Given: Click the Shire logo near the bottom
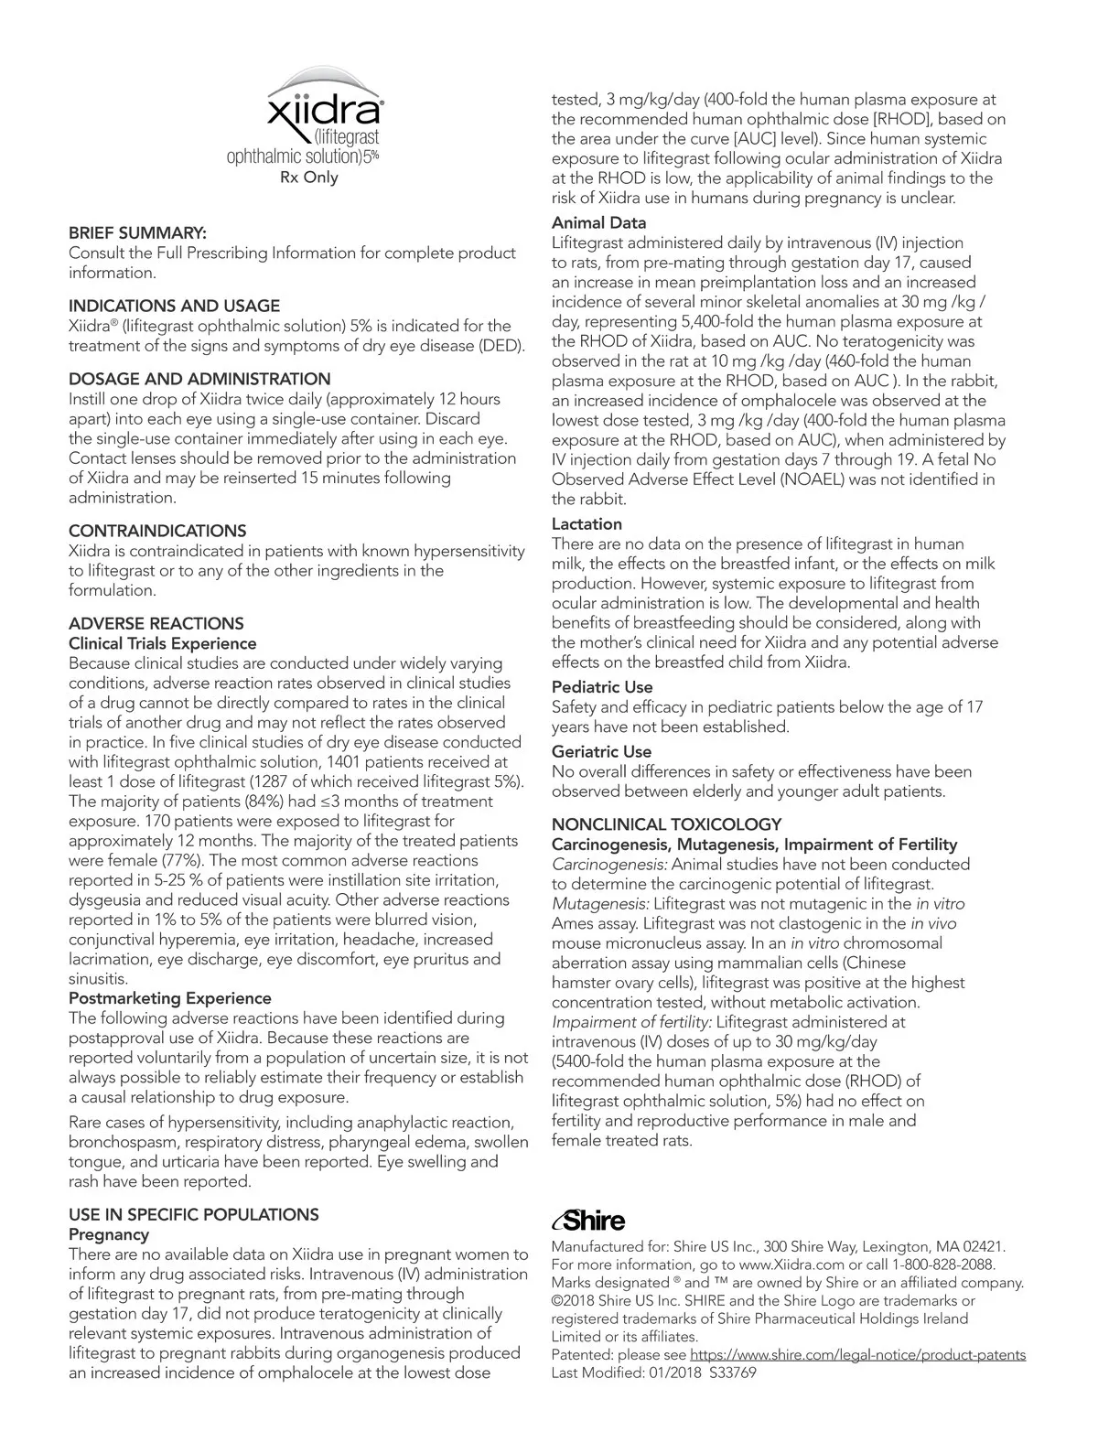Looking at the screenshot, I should point(588,1220).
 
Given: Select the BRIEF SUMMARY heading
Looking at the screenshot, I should point(137,233).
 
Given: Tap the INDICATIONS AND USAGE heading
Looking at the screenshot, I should point(174,306).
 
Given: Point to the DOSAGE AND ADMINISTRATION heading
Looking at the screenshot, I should point(199,379).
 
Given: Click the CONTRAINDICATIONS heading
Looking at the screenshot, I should point(157,531).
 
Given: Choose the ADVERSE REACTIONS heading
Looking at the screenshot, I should point(156,624).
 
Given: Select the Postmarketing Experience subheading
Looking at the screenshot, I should point(170,998).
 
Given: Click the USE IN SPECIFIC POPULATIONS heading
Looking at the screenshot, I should point(194,1215).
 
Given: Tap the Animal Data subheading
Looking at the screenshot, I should point(598,223).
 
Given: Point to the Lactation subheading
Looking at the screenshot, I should point(587,524).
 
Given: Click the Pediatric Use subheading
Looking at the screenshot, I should point(602,687).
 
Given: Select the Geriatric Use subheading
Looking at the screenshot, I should point(601,752).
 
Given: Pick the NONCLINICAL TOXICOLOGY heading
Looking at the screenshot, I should point(666,824).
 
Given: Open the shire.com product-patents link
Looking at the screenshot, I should point(857,1355).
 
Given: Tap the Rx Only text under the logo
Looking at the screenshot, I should point(308,178).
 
